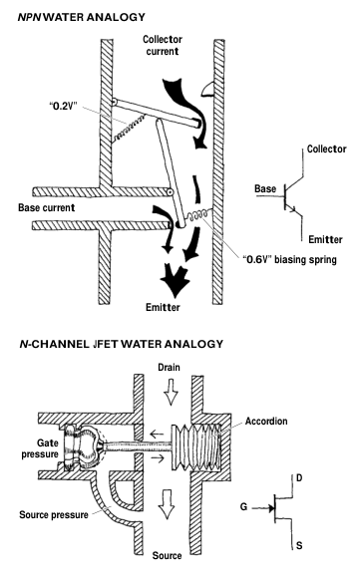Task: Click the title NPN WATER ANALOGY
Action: point(81,17)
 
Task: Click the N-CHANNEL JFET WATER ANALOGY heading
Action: point(121,344)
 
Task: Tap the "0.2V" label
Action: point(63,106)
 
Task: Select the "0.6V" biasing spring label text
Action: point(289,259)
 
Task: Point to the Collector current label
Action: point(163,45)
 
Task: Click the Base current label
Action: point(46,207)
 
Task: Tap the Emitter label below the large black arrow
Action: point(163,307)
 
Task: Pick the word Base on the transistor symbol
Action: point(265,188)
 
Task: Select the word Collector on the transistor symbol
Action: point(327,148)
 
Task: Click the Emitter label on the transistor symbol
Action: point(325,239)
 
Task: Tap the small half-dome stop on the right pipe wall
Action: point(207,90)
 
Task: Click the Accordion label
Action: point(266,422)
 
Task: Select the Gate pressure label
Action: point(40,448)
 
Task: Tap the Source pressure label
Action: point(54,515)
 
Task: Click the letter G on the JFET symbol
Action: point(244,506)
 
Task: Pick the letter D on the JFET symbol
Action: point(299,477)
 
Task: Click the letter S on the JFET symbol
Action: point(299,545)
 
